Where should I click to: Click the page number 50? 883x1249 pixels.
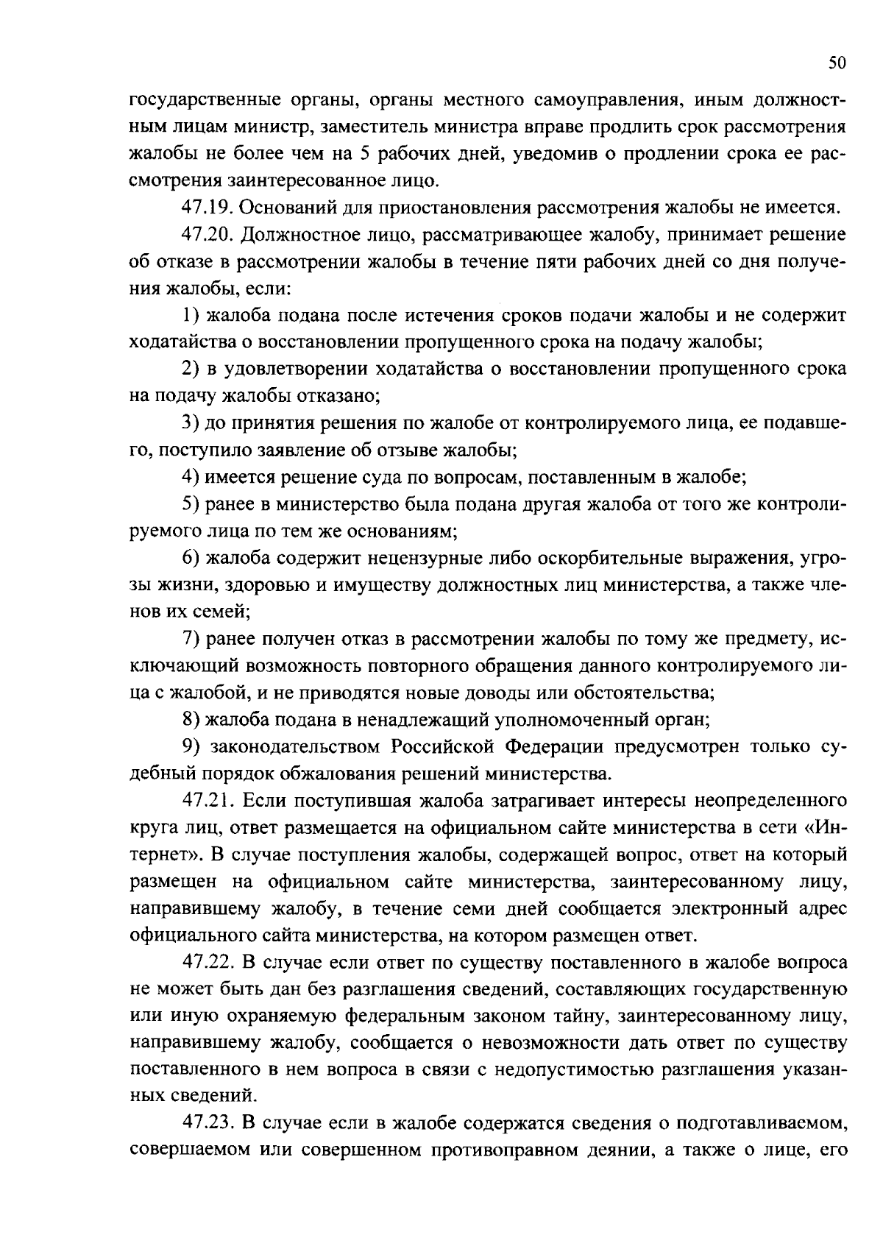[x=837, y=63]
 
